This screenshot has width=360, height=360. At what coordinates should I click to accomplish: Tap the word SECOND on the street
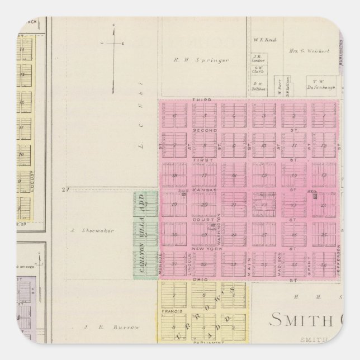[201, 129]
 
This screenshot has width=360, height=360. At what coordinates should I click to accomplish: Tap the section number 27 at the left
[65, 190]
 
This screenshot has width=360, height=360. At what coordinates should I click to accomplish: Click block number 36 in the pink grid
[323, 265]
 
